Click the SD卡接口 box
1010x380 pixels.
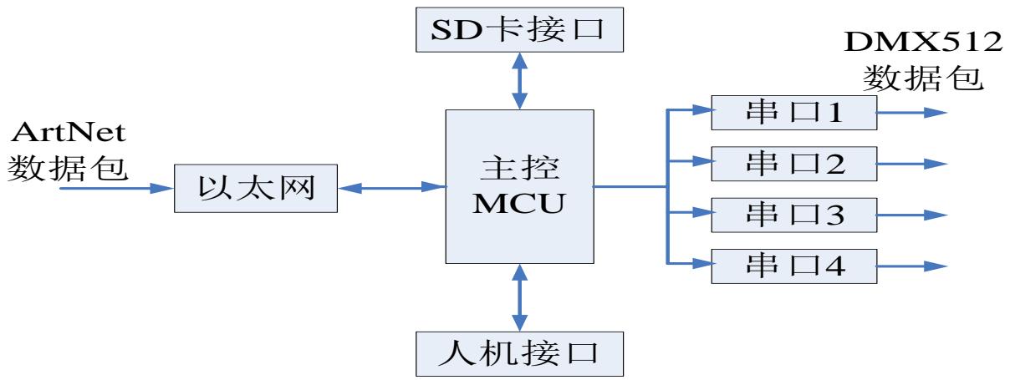(520, 32)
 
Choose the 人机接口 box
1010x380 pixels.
(520, 352)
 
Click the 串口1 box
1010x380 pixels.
(794, 112)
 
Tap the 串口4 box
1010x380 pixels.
(794, 267)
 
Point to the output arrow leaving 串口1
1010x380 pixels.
(912, 113)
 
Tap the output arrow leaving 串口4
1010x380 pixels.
(912, 267)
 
